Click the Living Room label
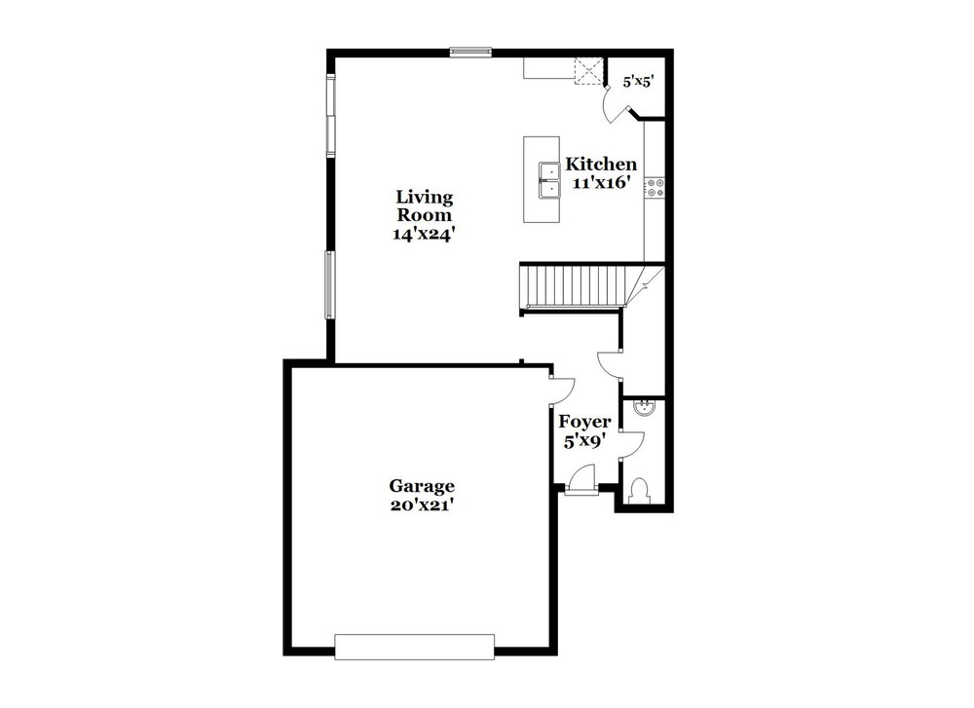(425, 206)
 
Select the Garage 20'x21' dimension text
(421, 504)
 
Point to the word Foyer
(583, 422)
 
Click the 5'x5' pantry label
(639, 81)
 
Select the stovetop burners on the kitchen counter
(655, 188)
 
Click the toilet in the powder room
(639, 490)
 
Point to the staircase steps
(576, 285)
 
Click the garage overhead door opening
(414, 647)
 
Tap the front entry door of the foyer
(582, 480)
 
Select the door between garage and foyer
(563, 391)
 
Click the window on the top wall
(470, 53)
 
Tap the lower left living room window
(330, 285)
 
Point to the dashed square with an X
(587, 71)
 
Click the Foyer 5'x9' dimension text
(583, 441)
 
